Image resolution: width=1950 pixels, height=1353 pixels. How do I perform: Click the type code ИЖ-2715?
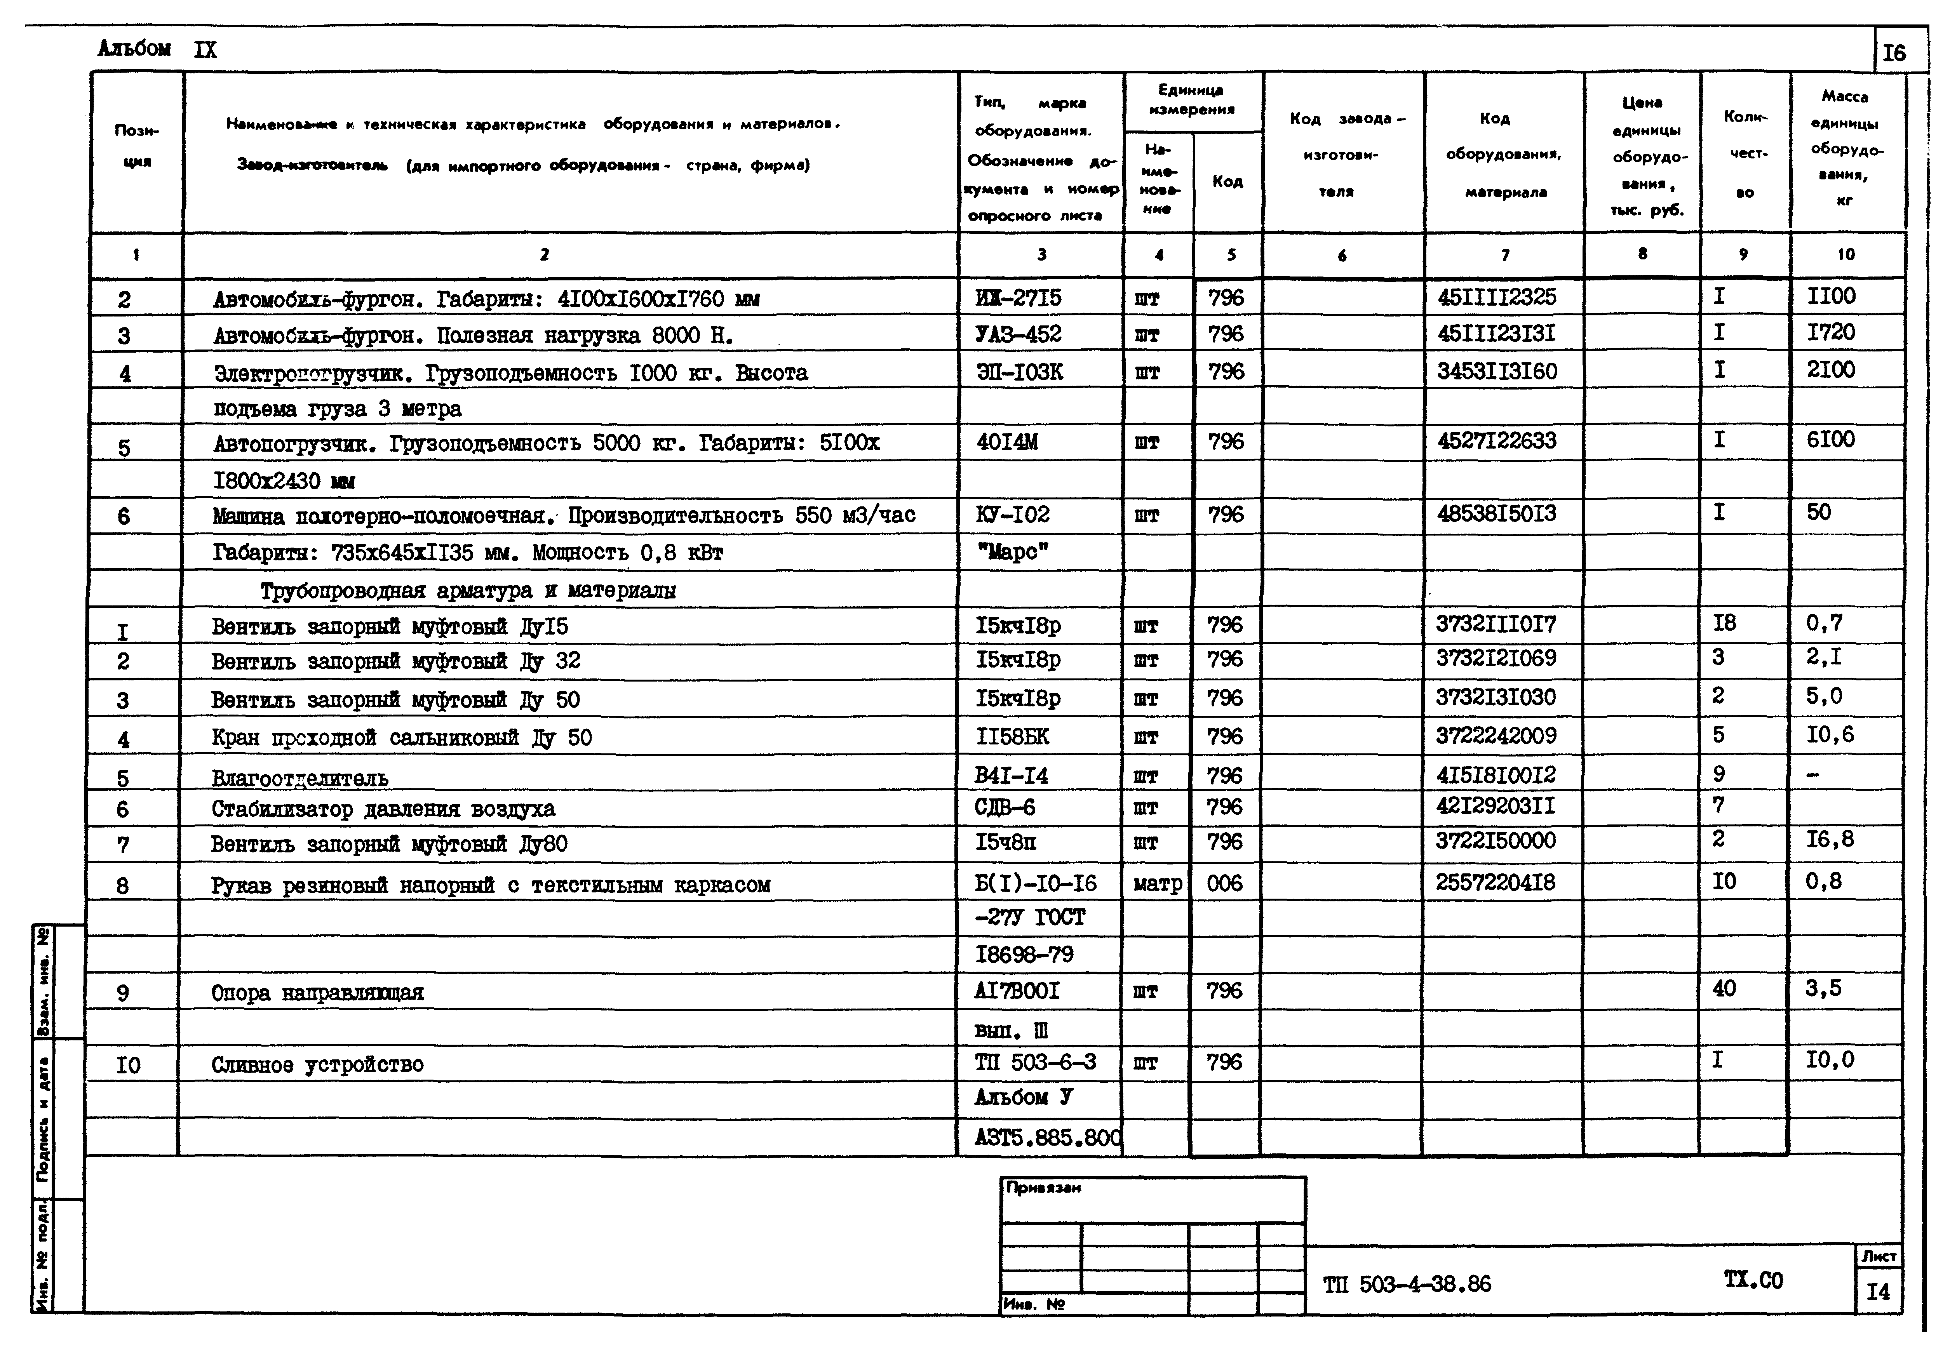click(1017, 298)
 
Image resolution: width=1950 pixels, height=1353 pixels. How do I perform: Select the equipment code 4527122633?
click(1496, 441)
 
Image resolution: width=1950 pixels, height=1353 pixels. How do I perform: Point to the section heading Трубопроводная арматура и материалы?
click(468, 591)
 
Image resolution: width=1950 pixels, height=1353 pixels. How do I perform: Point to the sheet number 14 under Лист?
click(1878, 1291)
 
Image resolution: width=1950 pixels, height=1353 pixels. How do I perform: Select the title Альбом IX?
click(157, 49)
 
